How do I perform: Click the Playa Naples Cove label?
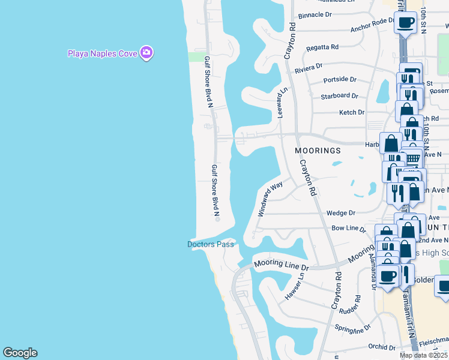[x=102, y=53]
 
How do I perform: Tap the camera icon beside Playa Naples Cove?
[x=146, y=53]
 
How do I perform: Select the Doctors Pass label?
[x=210, y=244]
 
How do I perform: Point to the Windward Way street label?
[x=270, y=200]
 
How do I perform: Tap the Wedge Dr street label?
[x=341, y=213]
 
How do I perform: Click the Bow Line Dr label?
[x=349, y=229]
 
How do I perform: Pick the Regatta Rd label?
[x=322, y=47]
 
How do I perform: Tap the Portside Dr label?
[x=340, y=79]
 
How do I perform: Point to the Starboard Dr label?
[x=339, y=96]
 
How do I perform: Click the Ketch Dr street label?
[x=352, y=112]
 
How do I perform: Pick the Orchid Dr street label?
[x=382, y=347]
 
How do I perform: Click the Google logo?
[x=20, y=353]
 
